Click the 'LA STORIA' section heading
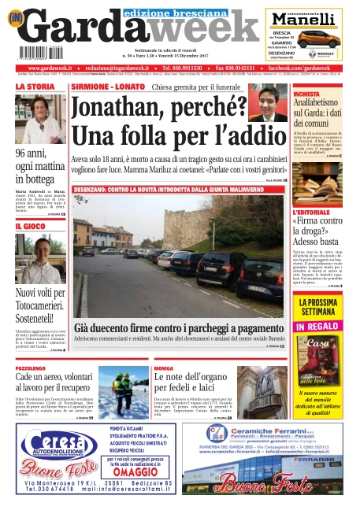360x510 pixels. click(x=36, y=87)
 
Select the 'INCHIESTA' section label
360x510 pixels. click(x=307, y=94)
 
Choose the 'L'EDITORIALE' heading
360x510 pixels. click(x=314, y=213)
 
